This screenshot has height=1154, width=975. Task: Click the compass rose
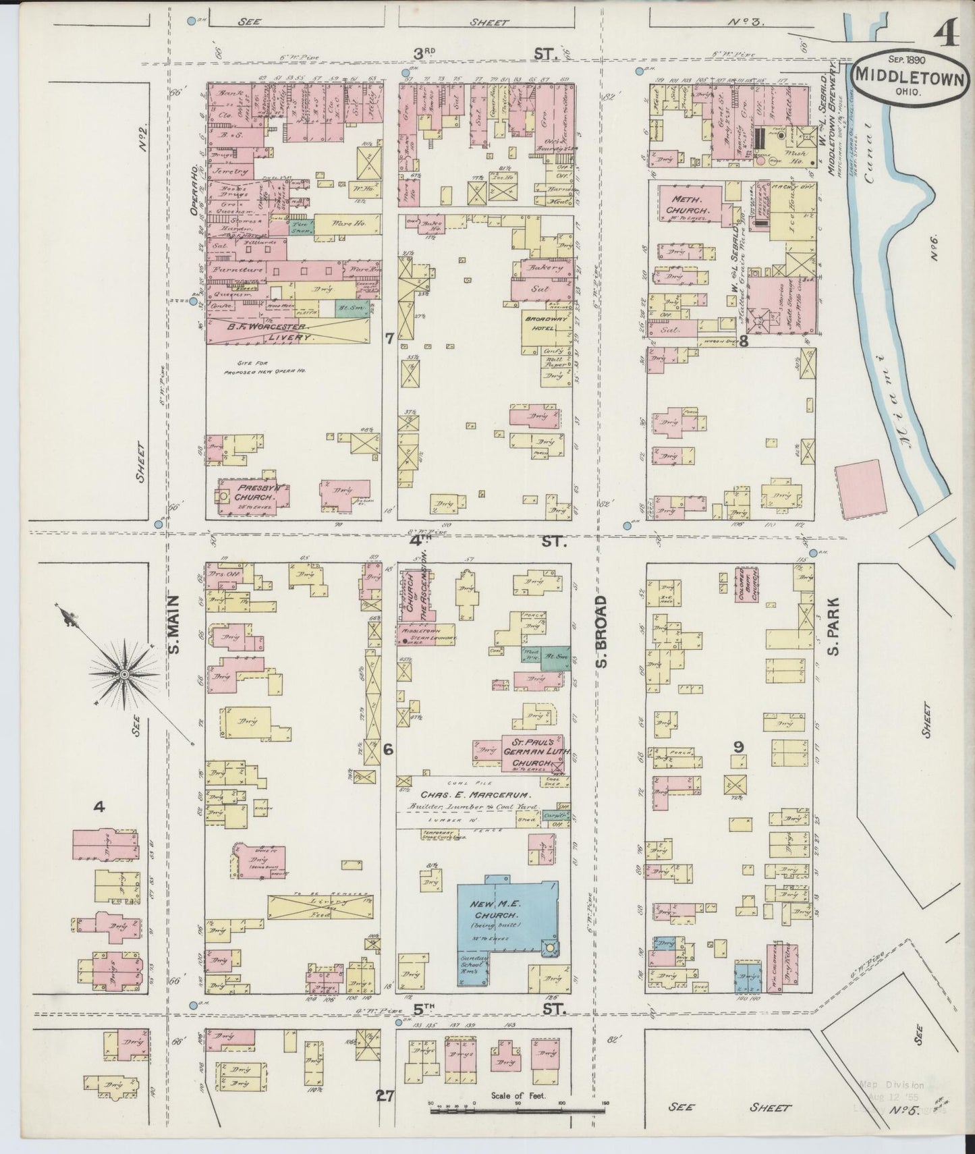pyautogui.click(x=124, y=674)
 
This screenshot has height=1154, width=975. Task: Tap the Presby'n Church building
pyautogui.click(x=251, y=496)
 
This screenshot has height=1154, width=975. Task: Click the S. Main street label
pyautogui.click(x=173, y=624)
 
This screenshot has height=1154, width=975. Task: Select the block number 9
pyautogui.click(x=738, y=746)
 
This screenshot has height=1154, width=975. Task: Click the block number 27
pyautogui.click(x=385, y=1095)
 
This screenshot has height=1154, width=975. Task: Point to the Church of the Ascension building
pyautogui.click(x=416, y=595)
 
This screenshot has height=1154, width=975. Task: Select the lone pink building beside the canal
pyautogui.click(x=860, y=489)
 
